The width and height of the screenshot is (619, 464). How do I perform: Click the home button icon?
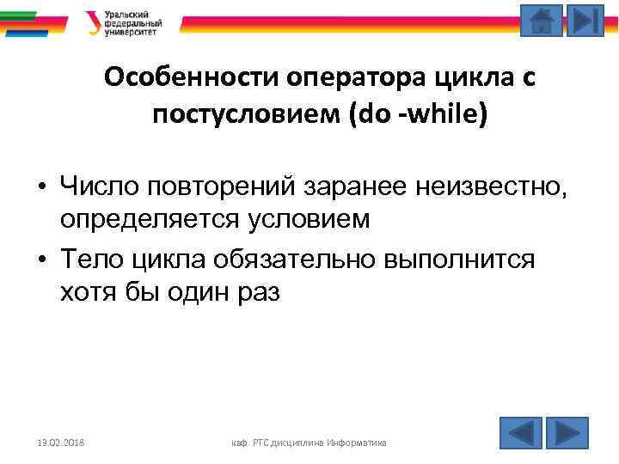coord(542,20)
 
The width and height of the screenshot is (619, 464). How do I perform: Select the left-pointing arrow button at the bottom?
coord(520,432)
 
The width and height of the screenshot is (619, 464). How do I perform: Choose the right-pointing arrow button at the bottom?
coord(567,432)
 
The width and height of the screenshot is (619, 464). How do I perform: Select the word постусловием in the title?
coord(248,114)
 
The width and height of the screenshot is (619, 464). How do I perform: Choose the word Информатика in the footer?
coord(360,442)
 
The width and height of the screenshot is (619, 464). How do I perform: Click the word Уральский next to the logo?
coord(125,14)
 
